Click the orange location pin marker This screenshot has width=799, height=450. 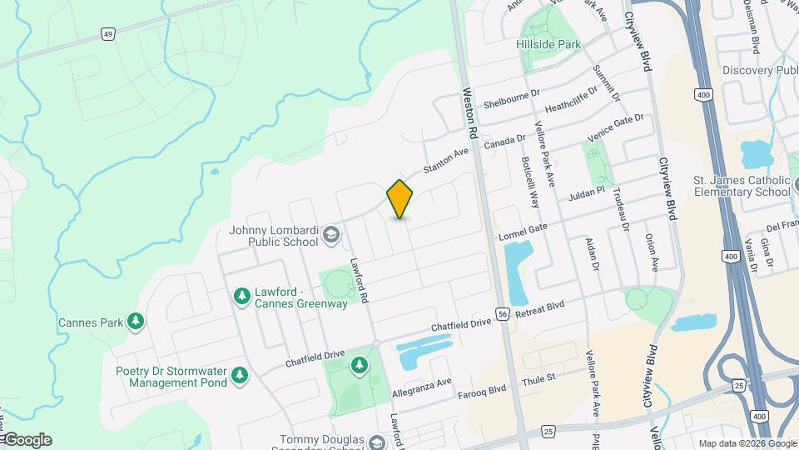pos(400,199)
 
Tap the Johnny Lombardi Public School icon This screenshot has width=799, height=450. pos(330,235)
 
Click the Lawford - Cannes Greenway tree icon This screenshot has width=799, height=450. pos(242,296)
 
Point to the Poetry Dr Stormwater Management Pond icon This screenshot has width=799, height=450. pos(240,376)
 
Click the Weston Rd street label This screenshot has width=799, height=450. pos(469,114)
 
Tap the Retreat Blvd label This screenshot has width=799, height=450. pos(539,307)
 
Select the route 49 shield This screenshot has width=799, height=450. pos(107,34)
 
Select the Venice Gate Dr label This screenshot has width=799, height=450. pos(616,128)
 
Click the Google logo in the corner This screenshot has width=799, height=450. pos(27,440)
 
